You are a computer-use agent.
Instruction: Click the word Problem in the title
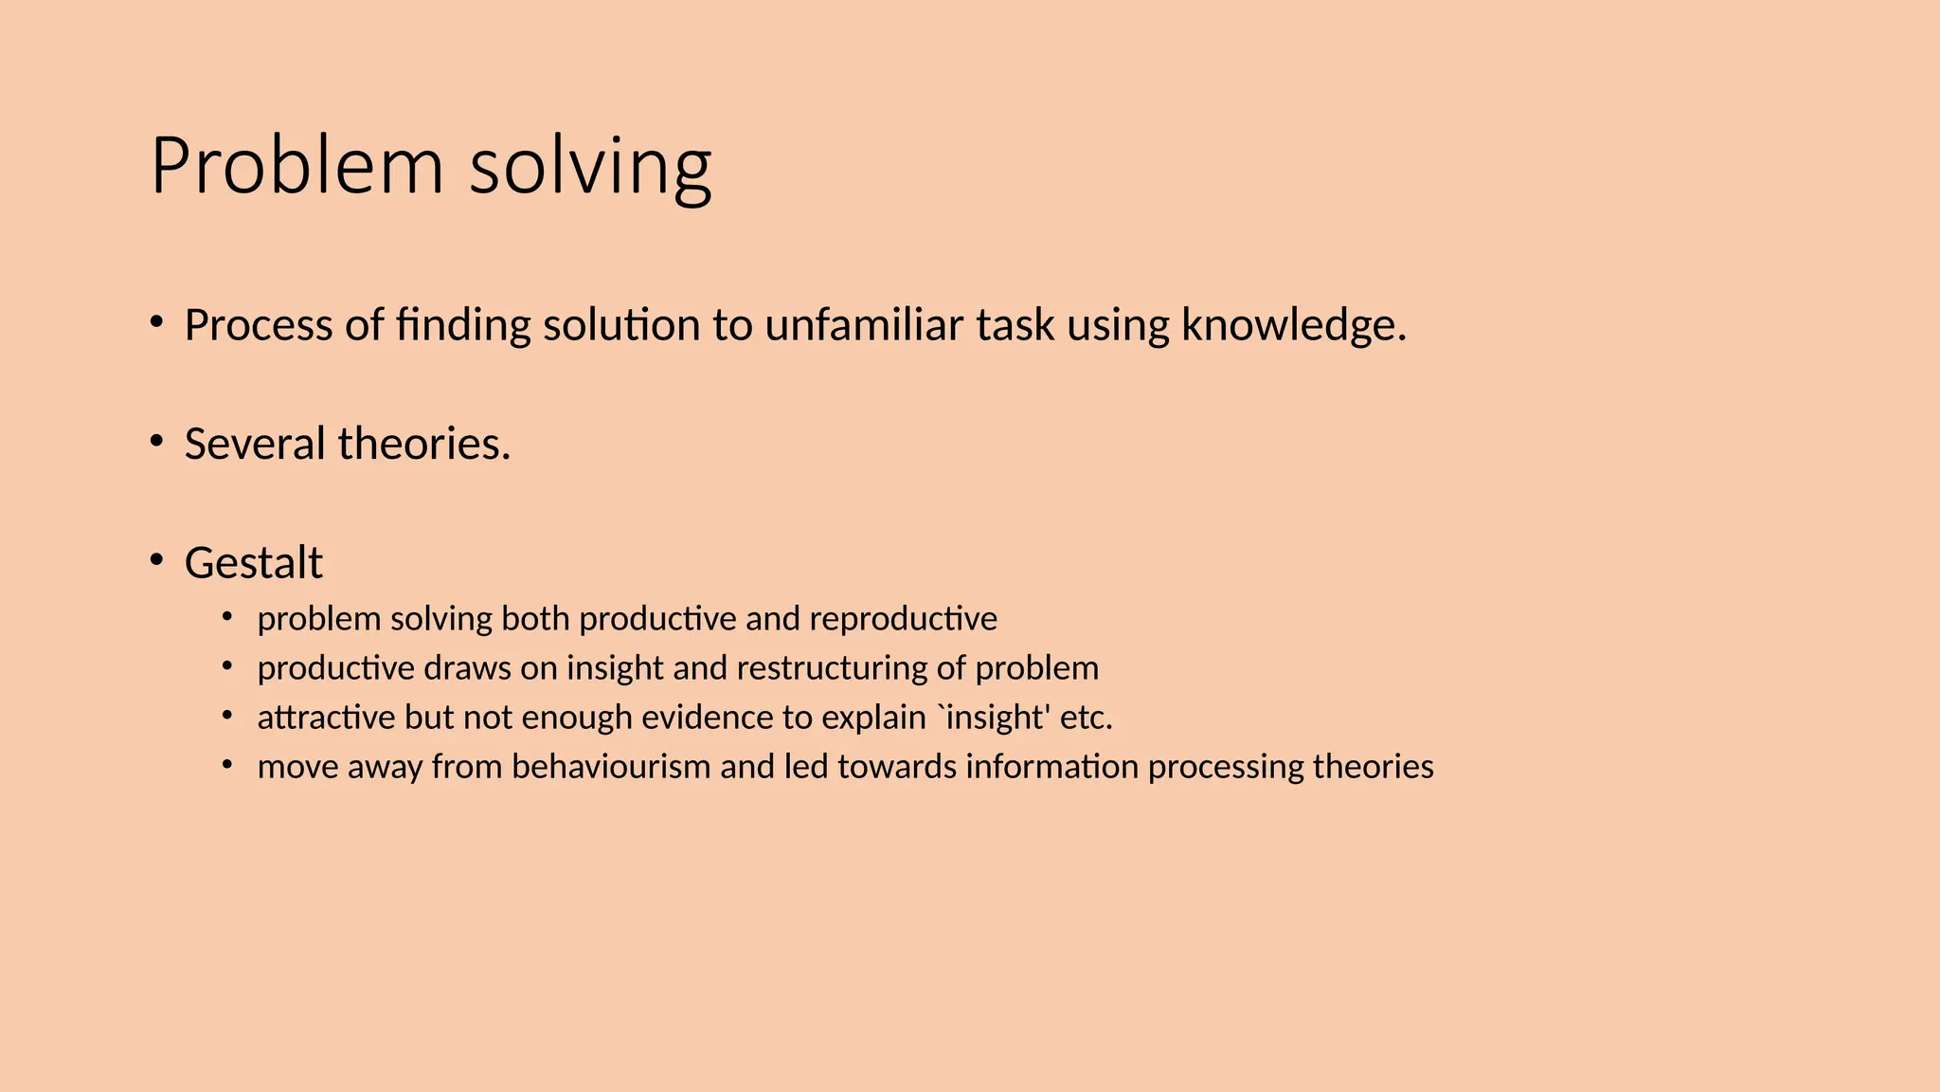pos(296,166)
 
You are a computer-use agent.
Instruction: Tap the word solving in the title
pos(590,169)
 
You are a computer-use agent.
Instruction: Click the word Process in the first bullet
pos(258,325)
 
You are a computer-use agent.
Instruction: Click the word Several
pos(254,444)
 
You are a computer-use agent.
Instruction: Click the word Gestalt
pos(253,563)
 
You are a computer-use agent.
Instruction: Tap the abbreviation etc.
pos(1087,718)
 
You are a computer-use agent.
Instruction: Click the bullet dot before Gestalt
pos(157,559)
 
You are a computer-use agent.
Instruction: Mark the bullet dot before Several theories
pos(157,441)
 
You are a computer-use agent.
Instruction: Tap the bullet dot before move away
pos(227,764)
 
